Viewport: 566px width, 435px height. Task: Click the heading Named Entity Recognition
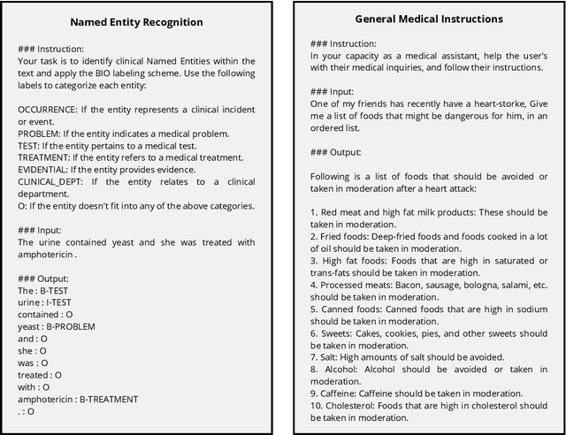136,21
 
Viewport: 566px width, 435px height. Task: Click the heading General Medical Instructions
429,18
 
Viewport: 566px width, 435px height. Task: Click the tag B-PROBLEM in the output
71,326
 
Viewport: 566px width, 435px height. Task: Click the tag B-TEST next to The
57,290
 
